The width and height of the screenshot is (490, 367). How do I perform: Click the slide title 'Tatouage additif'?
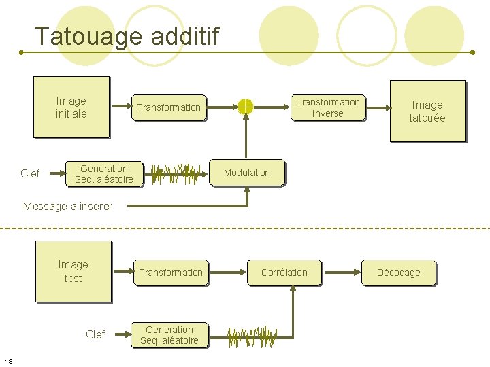tap(127, 36)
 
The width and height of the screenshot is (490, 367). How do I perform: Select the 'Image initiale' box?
tap(71, 107)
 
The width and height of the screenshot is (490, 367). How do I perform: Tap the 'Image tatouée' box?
tap(427, 111)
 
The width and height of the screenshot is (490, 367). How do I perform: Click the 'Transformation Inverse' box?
tap(327, 107)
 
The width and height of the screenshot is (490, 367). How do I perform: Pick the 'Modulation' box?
tap(247, 173)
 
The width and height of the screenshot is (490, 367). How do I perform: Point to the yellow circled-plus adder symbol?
tap(246, 107)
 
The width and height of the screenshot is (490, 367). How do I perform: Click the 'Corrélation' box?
tap(284, 273)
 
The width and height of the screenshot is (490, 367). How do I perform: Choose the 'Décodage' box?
tap(399, 273)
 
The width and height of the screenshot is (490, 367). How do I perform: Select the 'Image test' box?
tap(73, 271)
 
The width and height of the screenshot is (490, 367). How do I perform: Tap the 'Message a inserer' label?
tap(67, 206)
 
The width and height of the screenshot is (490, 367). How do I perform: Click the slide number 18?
tap(9, 360)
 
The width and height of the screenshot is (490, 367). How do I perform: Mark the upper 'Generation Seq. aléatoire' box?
tap(104, 174)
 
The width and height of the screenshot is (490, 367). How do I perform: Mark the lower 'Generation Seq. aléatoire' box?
tap(169, 335)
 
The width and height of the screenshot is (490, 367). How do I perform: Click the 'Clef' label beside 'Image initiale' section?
tap(30, 174)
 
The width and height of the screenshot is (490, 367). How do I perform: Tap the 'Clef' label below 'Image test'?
tap(95, 334)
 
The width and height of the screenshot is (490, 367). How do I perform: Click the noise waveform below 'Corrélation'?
tap(251, 334)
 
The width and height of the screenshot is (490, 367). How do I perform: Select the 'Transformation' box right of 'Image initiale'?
tap(169, 107)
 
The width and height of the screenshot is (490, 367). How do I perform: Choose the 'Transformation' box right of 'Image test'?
tap(171, 273)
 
